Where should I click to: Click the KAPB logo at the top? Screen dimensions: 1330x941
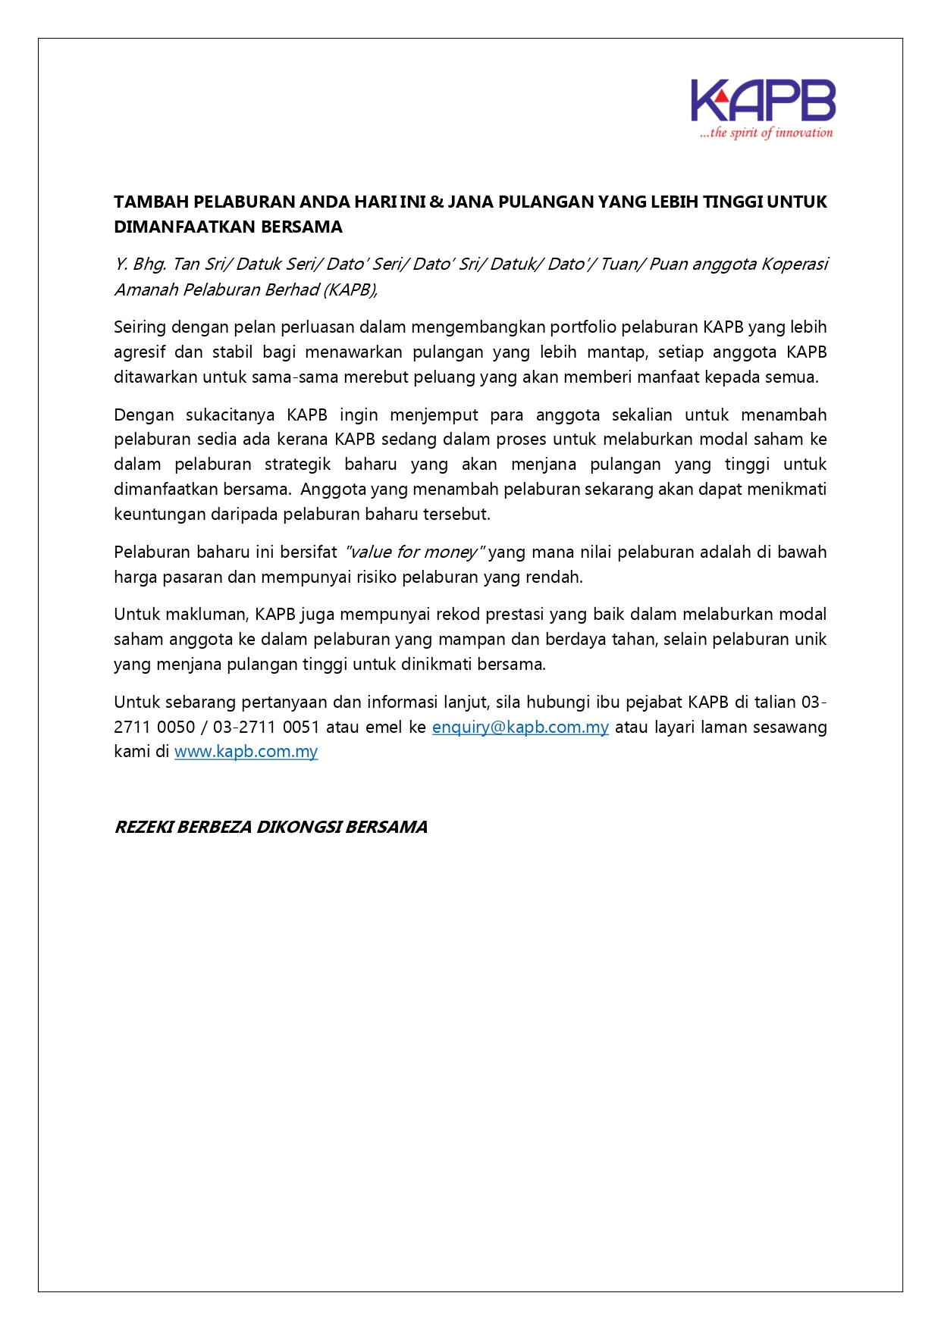[763, 101]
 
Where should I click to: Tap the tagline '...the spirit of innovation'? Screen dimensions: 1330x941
[766, 133]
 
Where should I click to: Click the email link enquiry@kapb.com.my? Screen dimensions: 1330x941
[520, 727]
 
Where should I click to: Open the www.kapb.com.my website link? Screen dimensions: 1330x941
[246, 752]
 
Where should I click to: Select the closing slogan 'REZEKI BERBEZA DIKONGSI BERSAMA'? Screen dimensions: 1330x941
[271, 827]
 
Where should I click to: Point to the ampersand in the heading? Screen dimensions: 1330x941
[437, 202]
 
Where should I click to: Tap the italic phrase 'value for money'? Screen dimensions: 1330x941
[413, 552]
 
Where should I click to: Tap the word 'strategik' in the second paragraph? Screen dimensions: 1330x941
[297, 464]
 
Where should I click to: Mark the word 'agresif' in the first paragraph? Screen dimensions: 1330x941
[139, 352]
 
